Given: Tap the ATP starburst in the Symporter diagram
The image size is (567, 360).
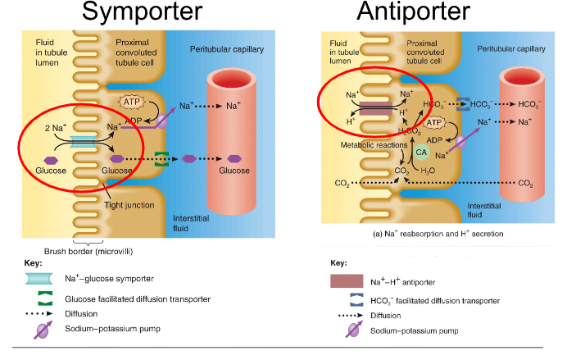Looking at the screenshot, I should [131, 103].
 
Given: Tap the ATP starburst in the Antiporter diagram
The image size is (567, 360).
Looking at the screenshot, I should [434, 123].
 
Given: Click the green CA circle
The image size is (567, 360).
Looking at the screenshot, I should [421, 152].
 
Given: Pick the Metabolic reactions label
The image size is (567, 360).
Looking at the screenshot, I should [372, 144].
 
